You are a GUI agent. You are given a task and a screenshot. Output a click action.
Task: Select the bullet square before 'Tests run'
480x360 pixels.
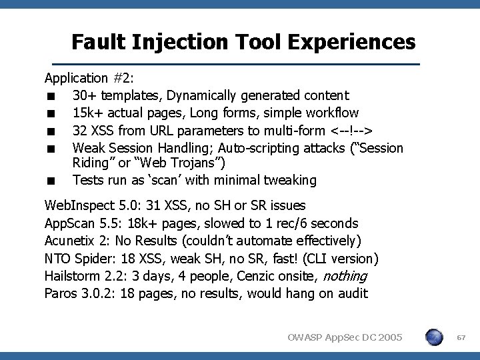(x=51, y=181)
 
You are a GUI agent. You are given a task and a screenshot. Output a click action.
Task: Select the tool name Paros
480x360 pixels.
(x=62, y=293)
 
